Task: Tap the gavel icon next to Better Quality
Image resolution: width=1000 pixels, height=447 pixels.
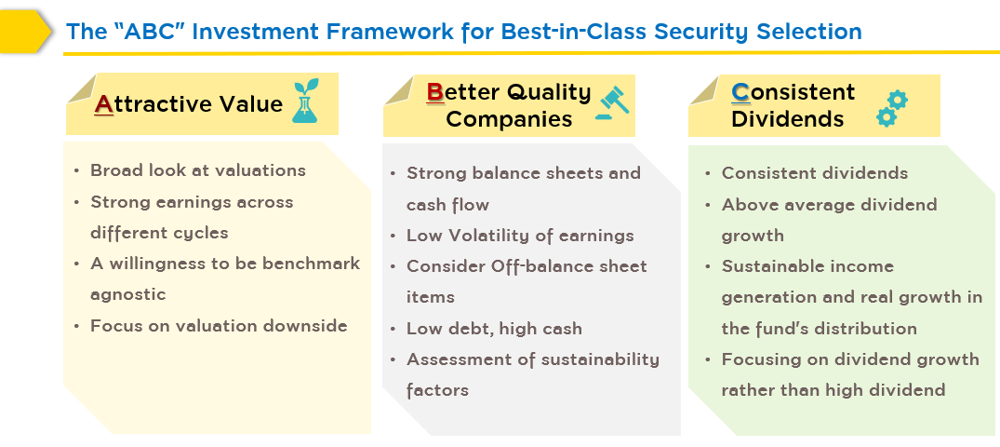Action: pos(611,102)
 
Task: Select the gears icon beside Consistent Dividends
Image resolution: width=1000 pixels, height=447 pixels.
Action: pos(891,109)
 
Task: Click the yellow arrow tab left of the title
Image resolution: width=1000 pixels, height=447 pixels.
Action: pos(25,32)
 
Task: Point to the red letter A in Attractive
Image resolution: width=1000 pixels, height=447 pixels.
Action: pos(104,104)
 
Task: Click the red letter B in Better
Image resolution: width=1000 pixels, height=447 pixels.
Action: pos(435,92)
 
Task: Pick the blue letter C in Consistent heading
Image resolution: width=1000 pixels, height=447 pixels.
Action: pos(740,92)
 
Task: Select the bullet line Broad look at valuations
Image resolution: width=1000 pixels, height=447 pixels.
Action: pos(198,170)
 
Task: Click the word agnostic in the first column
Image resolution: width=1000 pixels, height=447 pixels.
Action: pos(128,295)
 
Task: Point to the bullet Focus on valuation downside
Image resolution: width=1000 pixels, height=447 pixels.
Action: pos(219,326)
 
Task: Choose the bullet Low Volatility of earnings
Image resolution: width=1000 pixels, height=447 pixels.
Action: pos(520,236)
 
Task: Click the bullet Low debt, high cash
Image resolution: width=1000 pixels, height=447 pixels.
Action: pos(494,329)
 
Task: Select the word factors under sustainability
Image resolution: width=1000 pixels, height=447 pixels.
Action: pos(437,389)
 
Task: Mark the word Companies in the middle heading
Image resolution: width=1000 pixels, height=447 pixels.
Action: pos(509,119)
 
